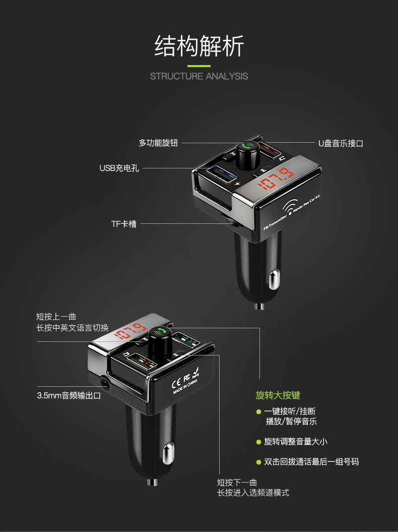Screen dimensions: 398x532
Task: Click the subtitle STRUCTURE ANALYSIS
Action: click(x=199, y=76)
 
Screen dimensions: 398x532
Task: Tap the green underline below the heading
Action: click(x=199, y=66)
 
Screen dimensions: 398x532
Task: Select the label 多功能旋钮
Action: click(x=158, y=143)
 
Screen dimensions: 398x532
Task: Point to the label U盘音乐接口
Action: click(x=341, y=143)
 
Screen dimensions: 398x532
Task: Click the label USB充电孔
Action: click(x=119, y=168)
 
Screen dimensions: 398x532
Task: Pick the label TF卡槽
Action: click(x=124, y=223)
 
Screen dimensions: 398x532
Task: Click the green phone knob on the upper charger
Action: click(x=247, y=147)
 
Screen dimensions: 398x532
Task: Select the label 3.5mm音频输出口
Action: click(x=69, y=395)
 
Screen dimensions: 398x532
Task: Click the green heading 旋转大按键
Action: click(x=278, y=395)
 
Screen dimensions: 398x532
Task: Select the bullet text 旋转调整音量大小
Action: click(x=296, y=442)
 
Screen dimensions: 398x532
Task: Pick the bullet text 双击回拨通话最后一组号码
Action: click(x=311, y=462)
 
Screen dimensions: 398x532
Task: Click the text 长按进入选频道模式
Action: click(x=253, y=493)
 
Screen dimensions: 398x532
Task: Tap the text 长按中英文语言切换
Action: click(x=73, y=328)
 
